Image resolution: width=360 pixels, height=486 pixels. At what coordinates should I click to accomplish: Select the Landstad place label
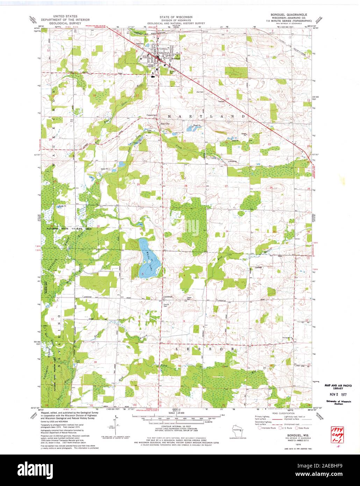click(x=168, y=297)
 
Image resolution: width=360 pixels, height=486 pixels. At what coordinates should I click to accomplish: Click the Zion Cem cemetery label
click(x=200, y=92)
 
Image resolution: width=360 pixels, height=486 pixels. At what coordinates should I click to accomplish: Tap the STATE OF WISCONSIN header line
click(x=176, y=17)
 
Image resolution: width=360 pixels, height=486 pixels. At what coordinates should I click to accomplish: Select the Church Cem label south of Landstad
click(x=166, y=305)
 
